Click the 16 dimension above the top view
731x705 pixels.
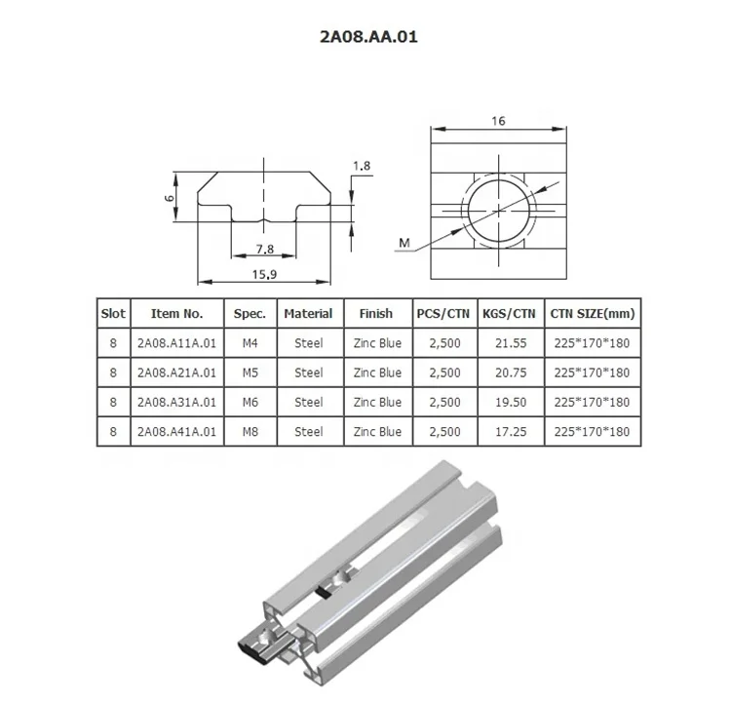point(497,122)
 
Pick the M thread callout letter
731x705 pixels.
point(403,241)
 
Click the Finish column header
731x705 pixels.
point(375,314)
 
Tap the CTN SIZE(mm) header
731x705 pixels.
point(592,314)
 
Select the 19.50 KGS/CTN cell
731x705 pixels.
point(511,402)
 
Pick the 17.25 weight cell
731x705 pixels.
point(511,431)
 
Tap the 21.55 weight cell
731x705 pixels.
point(511,343)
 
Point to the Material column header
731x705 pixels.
point(308,314)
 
